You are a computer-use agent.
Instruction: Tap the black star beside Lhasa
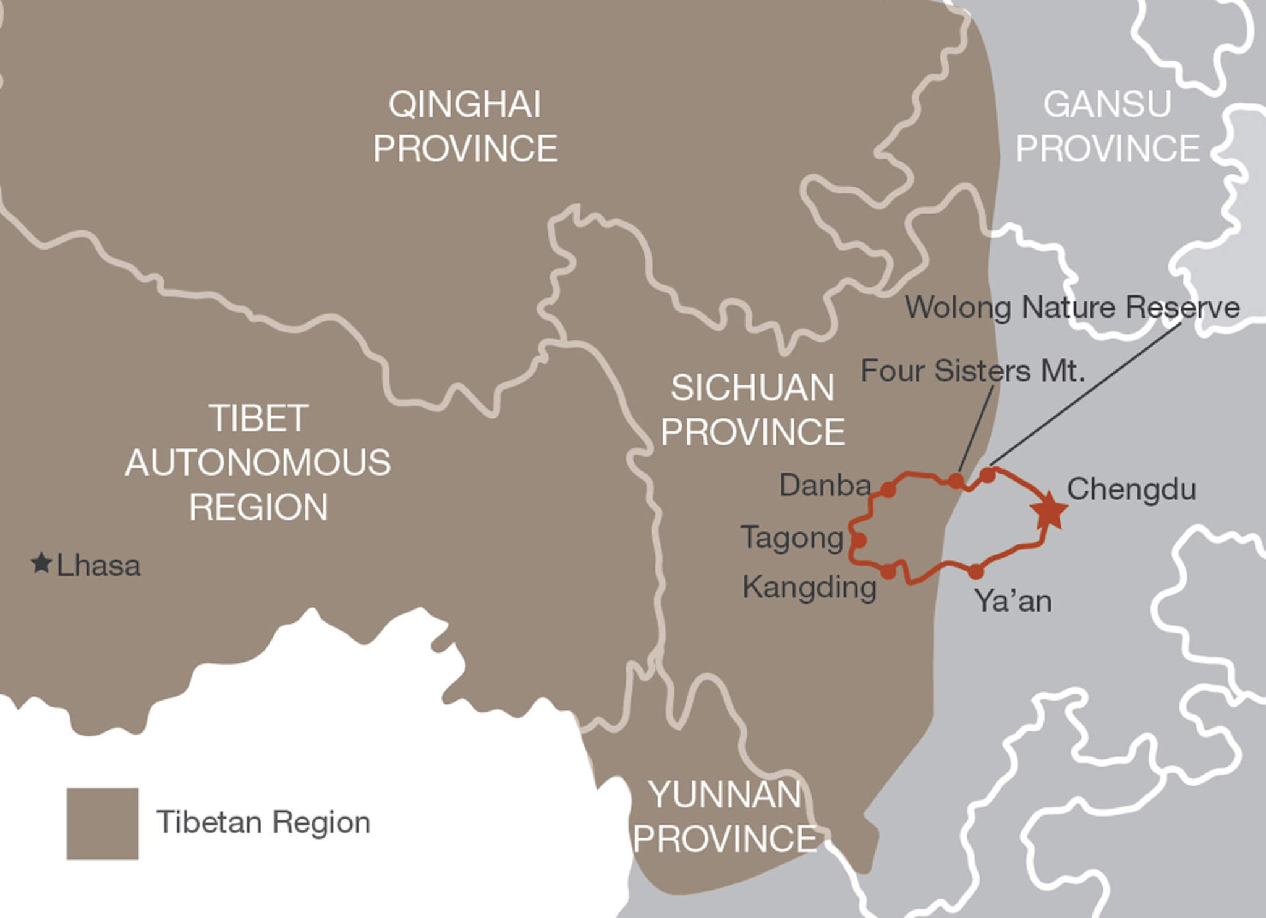(41, 563)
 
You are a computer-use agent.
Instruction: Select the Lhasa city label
(99, 566)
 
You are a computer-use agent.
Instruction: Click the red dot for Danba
(888, 490)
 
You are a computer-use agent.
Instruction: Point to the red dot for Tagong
(859, 540)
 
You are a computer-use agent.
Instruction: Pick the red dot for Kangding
(888, 571)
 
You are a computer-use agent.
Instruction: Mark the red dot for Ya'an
(975, 571)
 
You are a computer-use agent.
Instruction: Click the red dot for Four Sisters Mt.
(956, 481)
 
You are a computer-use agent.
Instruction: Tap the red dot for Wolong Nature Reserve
(988, 475)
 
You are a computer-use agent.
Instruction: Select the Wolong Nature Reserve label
(1073, 308)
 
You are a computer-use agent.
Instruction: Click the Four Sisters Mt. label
(973, 371)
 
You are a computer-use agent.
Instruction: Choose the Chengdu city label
(1131, 489)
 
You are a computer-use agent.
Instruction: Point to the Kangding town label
(809, 587)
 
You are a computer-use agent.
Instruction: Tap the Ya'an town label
(1013, 601)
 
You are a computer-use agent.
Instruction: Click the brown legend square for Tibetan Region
(103, 823)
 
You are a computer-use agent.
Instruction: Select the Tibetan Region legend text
(263, 823)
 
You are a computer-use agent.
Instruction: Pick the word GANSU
(1107, 104)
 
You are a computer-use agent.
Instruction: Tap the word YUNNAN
(725, 794)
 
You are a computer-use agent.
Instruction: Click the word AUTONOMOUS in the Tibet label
(258, 463)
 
